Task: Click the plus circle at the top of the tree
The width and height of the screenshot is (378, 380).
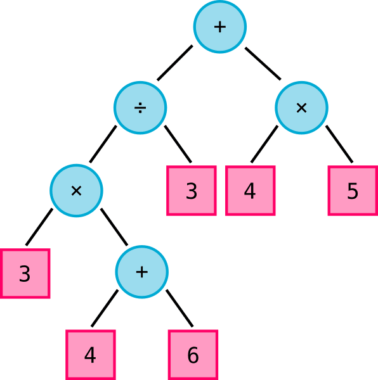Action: pos(220,27)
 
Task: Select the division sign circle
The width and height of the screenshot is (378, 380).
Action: pos(140,108)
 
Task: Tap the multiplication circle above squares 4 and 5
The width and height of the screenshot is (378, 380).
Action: pos(301,108)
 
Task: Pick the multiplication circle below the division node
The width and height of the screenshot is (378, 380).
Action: pos(77,191)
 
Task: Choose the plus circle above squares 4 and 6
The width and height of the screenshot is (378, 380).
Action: pos(141,272)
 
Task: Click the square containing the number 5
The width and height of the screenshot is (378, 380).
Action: pos(353,191)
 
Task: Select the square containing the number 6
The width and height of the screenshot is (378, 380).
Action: pos(193,355)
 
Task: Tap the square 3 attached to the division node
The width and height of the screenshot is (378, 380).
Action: pos(192,191)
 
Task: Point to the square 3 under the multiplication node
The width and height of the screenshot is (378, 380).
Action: pos(25,274)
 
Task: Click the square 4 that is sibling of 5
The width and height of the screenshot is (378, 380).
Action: pos(251,191)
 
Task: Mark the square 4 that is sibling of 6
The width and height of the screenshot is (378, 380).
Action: pos(91,355)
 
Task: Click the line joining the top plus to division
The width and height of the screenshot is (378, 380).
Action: pos(175,63)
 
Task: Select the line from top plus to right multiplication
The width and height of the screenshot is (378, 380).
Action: pos(263,63)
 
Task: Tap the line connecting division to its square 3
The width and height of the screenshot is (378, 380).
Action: pos(178,144)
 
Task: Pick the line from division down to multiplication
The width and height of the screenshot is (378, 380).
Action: pos(103,144)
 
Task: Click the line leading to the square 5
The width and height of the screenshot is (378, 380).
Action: pos(339,144)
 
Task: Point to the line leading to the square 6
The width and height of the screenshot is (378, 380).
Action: pos(179,308)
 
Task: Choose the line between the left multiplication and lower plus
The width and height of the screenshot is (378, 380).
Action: pos(114,227)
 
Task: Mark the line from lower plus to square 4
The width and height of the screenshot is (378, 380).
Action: pos(105,308)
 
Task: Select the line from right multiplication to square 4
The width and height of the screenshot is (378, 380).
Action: pos(264,144)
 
